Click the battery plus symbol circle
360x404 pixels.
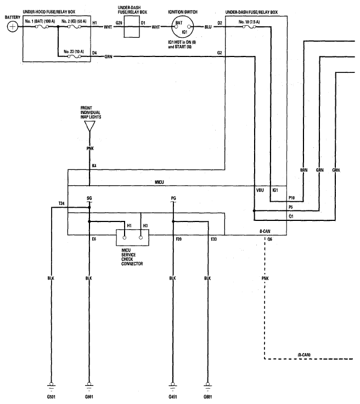pos(13,27)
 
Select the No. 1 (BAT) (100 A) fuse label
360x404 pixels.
pos(40,21)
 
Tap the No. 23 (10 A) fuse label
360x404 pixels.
pos(74,52)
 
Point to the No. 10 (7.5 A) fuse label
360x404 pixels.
pos(249,22)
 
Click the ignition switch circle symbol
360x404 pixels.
pos(183,27)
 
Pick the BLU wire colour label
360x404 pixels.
pos(208,27)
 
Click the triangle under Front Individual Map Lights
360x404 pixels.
pos(90,126)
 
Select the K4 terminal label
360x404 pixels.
pos(94,166)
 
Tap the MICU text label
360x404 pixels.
pos(159,182)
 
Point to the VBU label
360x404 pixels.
pos(260,190)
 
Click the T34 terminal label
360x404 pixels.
pos(61,203)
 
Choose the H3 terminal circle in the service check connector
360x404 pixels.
pos(141,237)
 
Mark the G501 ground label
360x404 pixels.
pos(51,397)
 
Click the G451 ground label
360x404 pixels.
pos(173,397)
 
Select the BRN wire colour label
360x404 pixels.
pos(304,170)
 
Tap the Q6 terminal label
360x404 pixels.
pos(270,240)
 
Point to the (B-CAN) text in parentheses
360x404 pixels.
pos(304,355)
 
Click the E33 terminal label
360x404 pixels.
pos(214,239)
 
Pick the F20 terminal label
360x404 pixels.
pos(179,239)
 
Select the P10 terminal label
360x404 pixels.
pos(291,198)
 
